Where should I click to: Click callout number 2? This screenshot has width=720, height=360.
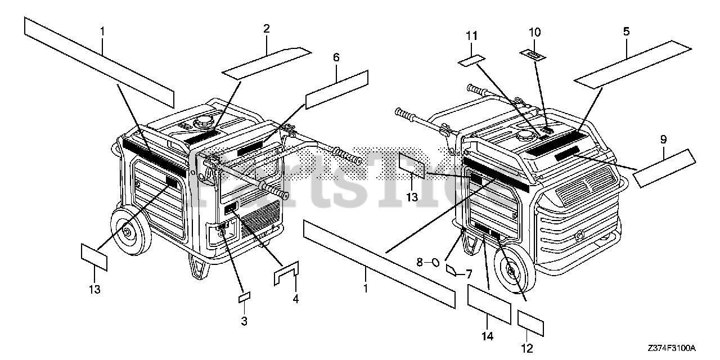[x=266, y=28]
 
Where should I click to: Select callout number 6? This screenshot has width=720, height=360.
[x=336, y=57]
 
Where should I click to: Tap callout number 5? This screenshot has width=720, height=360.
[x=626, y=33]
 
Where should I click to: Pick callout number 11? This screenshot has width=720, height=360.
[x=471, y=36]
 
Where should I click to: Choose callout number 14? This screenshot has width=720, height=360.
[x=487, y=336]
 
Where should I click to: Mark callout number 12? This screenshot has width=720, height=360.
[x=527, y=349]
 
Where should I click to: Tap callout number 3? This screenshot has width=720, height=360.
[x=244, y=321]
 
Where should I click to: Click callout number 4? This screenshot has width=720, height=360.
[x=295, y=299]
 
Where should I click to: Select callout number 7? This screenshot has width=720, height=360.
[x=468, y=274]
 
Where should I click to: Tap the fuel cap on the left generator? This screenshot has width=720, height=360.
[x=202, y=121]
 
